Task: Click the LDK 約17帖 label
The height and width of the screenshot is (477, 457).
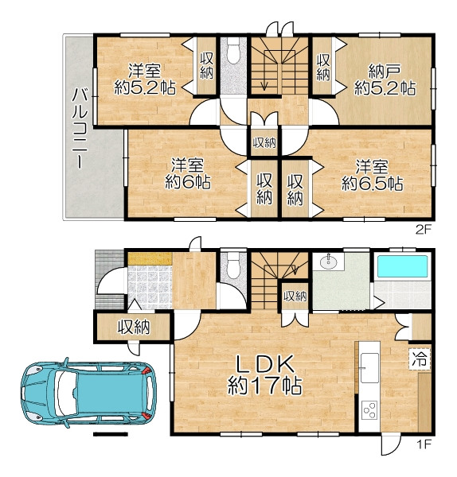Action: pyautogui.click(x=265, y=374)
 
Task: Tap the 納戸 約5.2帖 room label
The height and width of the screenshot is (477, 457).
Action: pyautogui.click(x=385, y=80)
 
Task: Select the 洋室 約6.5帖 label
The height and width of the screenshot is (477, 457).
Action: pyautogui.click(x=373, y=175)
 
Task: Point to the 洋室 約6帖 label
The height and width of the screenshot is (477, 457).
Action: pyautogui.click(x=188, y=174)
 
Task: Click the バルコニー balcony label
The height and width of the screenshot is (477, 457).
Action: pyautogui.click(x=80, y=129)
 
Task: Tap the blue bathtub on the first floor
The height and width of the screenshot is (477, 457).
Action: pyautogui.click(x=403, y=266)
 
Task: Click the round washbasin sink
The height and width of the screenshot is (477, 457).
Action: pyautogui.click(x=328, y=262)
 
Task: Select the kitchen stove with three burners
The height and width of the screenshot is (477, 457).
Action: pyautogui.click(x=369, y=410)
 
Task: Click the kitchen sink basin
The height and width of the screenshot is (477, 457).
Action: pyautogui.click(x=369, y=368)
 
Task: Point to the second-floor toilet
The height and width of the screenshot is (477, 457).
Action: pyautogui.click(x=234, y=50)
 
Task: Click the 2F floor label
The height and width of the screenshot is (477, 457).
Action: pyautogui.click(x=424, y=230)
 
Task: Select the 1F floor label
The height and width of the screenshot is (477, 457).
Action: pyautogui.click(x=424, y=444)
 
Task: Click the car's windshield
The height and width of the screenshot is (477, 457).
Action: pyautogui.click(x=65, y=393)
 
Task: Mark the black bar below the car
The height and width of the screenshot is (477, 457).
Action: pyautogui.click(x=110, y=434)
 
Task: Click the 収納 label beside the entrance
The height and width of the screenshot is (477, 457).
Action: pyautogui.click(x=134, y=327)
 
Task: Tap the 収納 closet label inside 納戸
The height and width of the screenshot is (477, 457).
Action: pyautogui.click(x=323, y=68)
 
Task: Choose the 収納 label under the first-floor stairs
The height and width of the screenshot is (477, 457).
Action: pyautogui.click(x=295, y=297)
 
